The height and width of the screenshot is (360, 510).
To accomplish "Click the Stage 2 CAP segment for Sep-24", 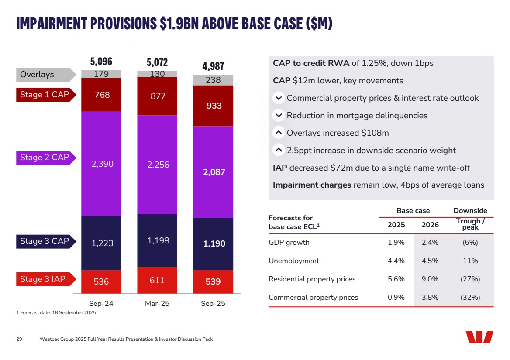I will click(101, 164).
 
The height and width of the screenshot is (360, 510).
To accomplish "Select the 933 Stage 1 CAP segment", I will click(214, 106).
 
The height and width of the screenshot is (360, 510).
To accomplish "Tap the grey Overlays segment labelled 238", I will click(214, 80).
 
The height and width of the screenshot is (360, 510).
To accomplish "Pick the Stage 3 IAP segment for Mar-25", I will click(157, 280).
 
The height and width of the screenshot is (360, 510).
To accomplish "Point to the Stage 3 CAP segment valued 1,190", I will click(214, 243).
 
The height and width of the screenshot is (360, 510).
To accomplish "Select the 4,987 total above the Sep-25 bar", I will click(213, 66).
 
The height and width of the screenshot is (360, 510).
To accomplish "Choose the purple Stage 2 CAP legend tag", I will click(45, 158).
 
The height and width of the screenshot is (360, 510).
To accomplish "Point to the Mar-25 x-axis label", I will click(157, 303).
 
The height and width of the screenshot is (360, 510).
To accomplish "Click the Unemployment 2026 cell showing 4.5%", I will click(430, 261).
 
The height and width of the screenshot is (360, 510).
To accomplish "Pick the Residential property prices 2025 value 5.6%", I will click(396, 279).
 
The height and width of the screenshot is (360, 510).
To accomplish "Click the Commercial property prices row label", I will click(313, 298).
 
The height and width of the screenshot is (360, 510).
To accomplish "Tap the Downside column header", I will click(470, 211).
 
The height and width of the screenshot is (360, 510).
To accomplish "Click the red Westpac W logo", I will click(479, 337).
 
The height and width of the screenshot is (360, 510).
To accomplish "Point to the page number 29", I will click(19, 339).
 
